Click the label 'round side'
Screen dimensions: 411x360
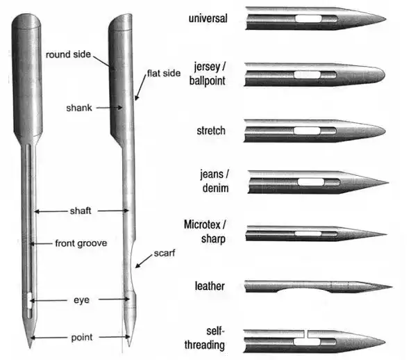point(68,55)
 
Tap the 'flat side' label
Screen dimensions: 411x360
point(164,73)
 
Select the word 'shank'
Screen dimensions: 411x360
point(79,108)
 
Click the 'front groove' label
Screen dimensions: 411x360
point(81,243)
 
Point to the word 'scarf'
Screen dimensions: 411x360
point(165,253)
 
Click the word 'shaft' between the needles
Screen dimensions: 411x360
point(81,211)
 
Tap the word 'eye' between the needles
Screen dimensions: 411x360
point(81,300)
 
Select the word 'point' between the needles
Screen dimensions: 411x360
point(82,337)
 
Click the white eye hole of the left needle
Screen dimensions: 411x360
point(30,301)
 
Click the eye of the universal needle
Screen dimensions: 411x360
point(308,19)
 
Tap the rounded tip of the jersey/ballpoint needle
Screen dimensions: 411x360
point(383,74)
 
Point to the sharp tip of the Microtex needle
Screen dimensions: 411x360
point(387,234)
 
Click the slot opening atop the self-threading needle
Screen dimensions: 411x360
point(306,334)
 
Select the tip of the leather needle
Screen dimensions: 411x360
point(392,287)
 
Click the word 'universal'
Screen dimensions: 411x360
point(208,18)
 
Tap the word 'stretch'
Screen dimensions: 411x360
point(211,131)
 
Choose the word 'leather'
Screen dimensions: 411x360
point(210,286)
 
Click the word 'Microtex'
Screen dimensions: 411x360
point(202,224)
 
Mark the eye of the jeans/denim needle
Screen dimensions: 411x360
point(311,182)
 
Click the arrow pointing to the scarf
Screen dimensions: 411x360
point(144,261)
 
